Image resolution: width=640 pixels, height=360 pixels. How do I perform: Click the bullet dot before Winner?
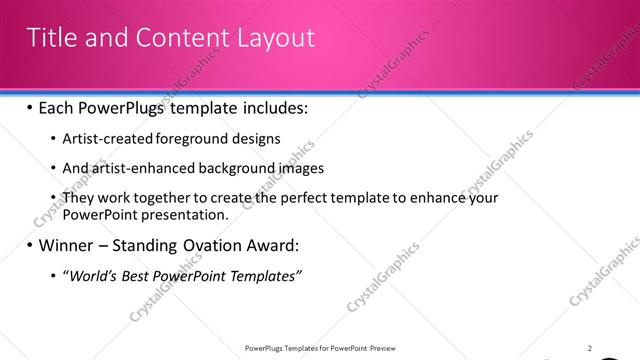tap(30, 246)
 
